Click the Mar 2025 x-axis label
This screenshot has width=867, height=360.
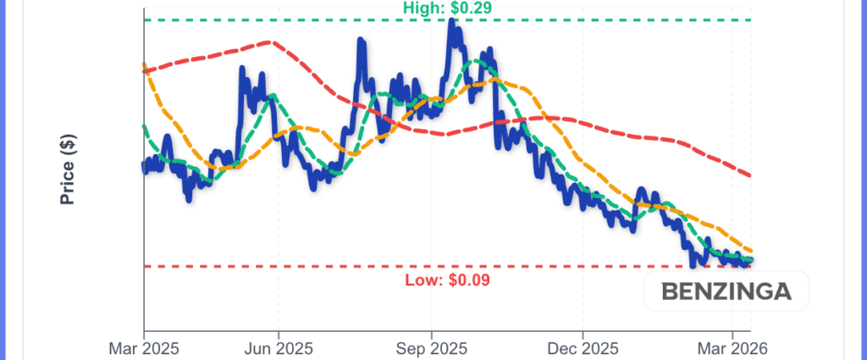(x=143, y=347)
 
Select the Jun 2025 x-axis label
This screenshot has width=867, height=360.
(x=278, y=347)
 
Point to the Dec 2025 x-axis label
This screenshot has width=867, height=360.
(x=583, y=347)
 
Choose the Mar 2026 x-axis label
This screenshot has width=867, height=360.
(x=732, y=347)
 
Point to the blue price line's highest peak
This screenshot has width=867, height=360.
(x=453, y=21)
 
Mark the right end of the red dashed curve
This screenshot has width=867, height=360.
(x=752, y=175)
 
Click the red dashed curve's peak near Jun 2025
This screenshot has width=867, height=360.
(x=271, y=42)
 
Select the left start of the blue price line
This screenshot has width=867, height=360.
(x=144, y=168)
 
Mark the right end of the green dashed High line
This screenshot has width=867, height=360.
(x=752, y=19)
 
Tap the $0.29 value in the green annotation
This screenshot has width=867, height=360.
(x=468, y=8)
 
